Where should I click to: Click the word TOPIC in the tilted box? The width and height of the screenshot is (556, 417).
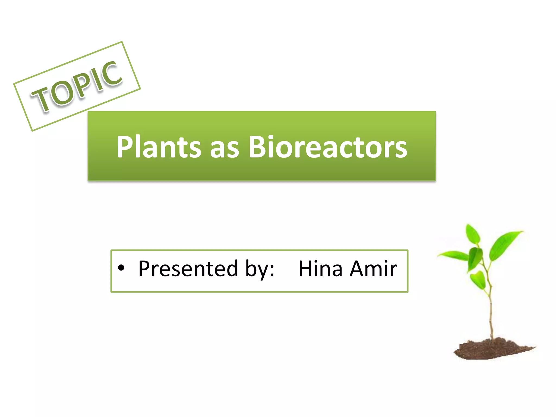(x=77, y=86)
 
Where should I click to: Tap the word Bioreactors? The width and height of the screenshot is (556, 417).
(x=328, y=147)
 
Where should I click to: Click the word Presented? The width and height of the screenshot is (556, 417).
(x=188, y=269)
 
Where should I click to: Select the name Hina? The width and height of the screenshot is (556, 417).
(x=320, y=269)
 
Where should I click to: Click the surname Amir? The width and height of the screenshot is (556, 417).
(x=373, y=269)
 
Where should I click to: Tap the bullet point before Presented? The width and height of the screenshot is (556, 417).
(x=121, y=268)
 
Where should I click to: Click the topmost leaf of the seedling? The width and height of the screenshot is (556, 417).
(x=473, y=234)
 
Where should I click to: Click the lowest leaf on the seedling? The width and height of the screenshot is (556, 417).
(x=478, y=280)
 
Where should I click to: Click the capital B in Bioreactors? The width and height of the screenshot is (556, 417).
(x=258, y=147)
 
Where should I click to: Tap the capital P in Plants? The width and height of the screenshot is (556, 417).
(x=126, y=147)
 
